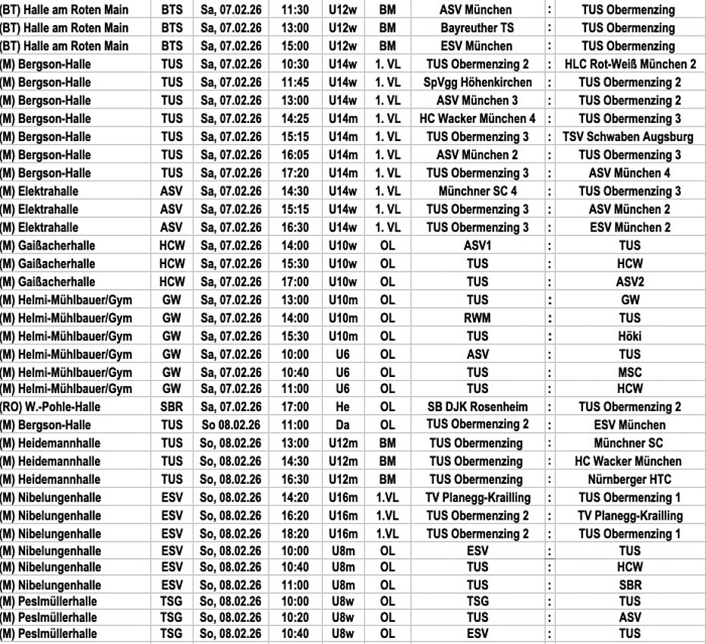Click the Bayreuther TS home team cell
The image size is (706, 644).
tap(477, 28)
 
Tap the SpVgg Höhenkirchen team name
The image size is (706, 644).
tap(477, 83)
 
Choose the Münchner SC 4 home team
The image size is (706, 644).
tap(477, 191)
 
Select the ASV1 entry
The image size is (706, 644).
tap(477, 246)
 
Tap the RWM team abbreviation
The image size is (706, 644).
tap(477, 318)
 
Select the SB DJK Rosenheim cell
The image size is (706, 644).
tap(477, 407)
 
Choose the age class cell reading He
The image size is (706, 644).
tap(343, 407)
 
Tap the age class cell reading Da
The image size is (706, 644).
tap(343, 426)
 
